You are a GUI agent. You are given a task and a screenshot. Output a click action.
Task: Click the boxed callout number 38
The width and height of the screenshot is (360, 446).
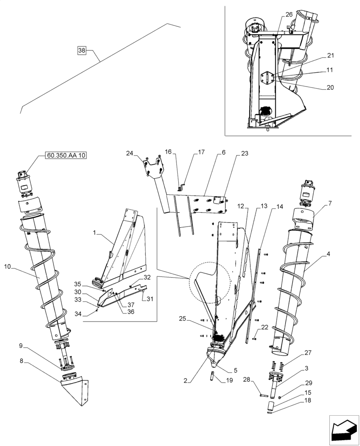click(x=82, y=51)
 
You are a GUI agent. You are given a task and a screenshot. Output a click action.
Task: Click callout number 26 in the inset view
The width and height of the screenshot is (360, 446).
click(x=289, y=15)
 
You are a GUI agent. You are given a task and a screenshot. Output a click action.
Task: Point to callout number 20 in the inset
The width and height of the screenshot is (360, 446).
click(x=330, y=87)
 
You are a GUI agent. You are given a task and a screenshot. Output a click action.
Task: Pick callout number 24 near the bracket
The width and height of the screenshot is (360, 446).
click(x=129, y=153)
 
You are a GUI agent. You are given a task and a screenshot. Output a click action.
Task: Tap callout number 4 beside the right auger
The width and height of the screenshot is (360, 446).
click(x=328, y=254)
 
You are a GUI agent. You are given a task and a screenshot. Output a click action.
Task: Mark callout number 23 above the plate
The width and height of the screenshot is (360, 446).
click(x=244, y=153)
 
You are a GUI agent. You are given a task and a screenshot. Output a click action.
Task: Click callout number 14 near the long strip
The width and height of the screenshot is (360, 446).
click(x=279, y=207)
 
